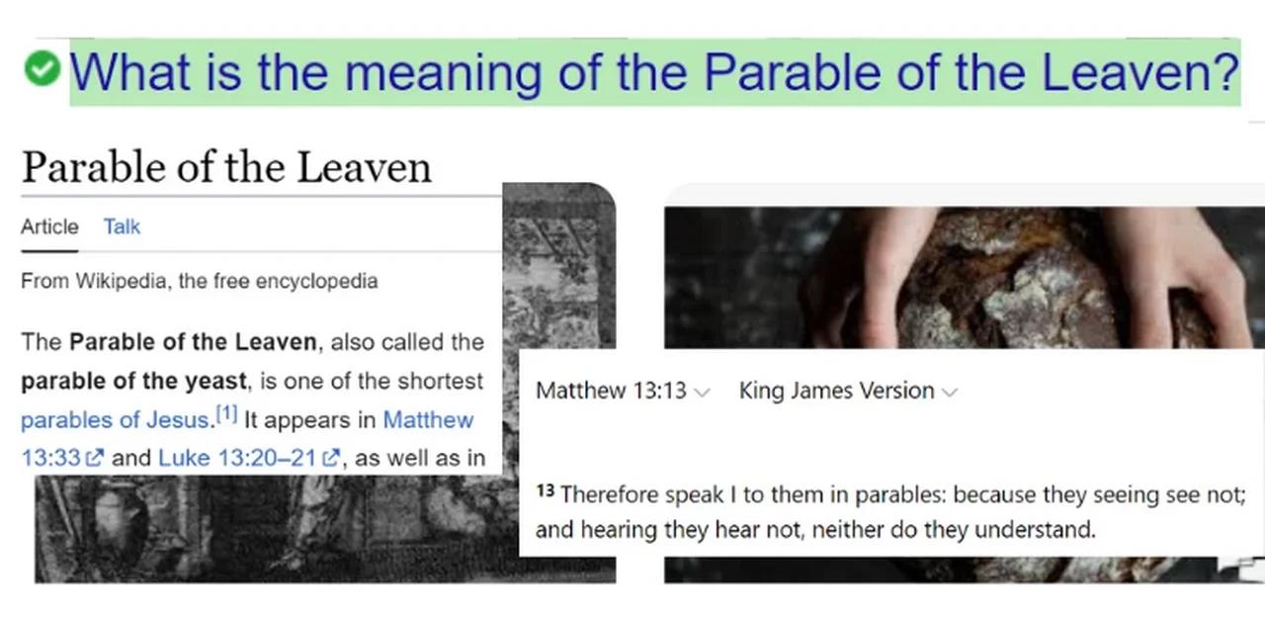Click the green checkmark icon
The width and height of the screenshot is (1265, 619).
tap(42, 69)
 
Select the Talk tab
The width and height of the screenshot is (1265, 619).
tap(122, 226)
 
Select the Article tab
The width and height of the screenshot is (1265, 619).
tap(49, 226)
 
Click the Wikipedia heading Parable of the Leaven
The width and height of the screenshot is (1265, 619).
tap(226, 167)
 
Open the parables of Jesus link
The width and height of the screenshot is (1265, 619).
tap(115, 419)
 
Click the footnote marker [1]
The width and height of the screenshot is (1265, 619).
tap(226, 415)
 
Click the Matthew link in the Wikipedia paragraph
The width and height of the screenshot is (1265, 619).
tap(428, 419)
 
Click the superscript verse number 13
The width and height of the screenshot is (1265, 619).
tap(545, 489)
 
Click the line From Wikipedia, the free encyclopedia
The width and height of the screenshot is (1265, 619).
tap(199, 281)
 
